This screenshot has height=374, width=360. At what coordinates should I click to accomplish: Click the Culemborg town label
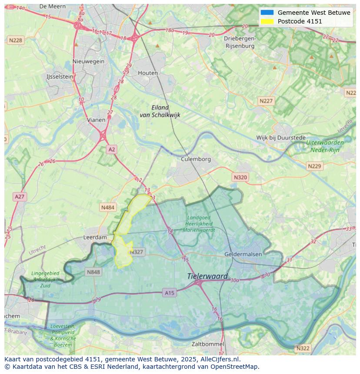pos(196,159)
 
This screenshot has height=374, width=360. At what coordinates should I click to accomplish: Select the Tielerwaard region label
pos(207,276)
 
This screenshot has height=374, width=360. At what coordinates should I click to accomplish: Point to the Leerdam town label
pos(95,238)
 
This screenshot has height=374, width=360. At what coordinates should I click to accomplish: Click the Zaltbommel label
pos(208,344)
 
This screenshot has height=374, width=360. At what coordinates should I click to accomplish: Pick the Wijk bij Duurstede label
pos(281,138)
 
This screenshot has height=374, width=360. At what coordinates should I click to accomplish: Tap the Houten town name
pos(148,73)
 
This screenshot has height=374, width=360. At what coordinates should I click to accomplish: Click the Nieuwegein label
pos(89,61)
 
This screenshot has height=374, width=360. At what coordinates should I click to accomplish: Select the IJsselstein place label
pos(60,76)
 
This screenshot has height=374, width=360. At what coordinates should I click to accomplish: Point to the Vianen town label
pos(96,120)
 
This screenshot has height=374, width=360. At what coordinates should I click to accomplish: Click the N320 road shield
pos(240,177)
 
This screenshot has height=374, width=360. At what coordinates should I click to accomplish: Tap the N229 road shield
pos(314,166)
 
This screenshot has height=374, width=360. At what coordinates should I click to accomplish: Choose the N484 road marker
pos(107,208)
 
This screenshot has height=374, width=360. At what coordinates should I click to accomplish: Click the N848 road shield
pos(93,272)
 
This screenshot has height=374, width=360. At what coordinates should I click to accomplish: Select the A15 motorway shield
pos(170,293)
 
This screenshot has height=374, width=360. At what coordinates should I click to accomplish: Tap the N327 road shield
pos(137,252)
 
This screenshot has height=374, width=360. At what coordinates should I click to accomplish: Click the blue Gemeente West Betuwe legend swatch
pos(267,13)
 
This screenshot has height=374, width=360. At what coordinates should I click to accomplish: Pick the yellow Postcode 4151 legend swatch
pos(267,21)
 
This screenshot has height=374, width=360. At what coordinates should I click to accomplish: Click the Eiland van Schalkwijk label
pos(160,111)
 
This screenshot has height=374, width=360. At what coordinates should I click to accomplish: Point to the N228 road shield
pos(15,40)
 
